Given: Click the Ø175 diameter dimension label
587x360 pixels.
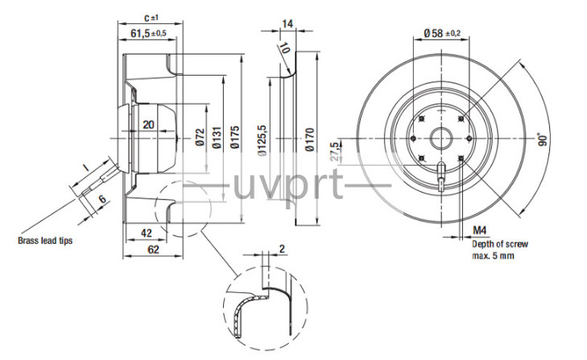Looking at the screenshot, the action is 235,137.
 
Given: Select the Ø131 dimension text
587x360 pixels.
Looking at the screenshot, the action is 217,138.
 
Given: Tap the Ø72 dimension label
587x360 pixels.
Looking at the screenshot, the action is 200,137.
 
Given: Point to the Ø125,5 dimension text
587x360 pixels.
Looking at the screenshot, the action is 262,140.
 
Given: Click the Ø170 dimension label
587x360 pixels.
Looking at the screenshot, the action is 309,139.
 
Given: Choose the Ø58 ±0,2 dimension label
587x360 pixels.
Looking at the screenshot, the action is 442,33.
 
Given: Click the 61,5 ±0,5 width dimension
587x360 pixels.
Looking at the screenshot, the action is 148,33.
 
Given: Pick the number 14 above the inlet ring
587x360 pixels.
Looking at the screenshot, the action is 287,24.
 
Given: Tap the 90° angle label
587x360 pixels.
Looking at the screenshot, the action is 543,139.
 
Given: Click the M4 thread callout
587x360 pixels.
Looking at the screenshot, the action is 480,230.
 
